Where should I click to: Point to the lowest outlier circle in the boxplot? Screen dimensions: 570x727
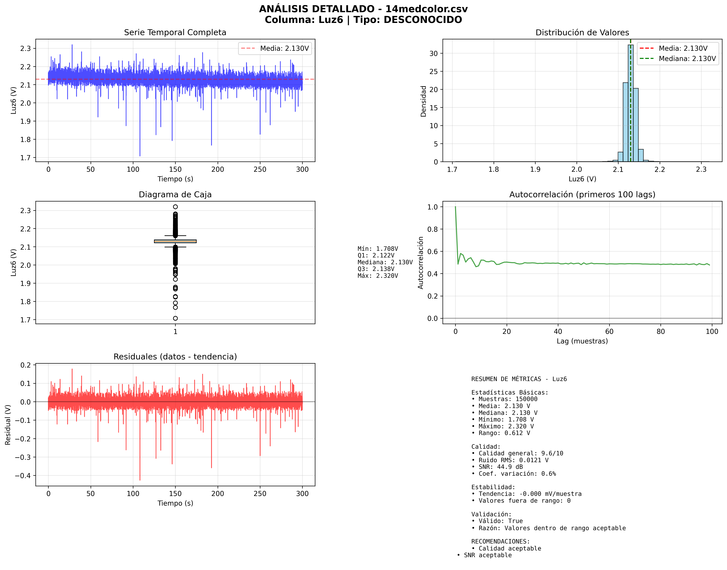point(175,318)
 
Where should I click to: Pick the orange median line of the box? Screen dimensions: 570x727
point(175,241)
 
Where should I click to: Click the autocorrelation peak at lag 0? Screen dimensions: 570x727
point(455,207)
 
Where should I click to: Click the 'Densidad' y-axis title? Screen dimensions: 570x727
point(423,101)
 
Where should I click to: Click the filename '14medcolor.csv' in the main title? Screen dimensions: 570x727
point(426,9)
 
